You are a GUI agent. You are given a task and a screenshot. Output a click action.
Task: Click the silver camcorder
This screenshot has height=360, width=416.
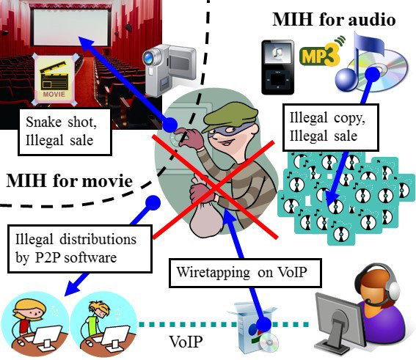click(169, 70)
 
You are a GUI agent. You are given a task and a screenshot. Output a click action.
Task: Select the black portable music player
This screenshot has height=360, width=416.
click(278, 67)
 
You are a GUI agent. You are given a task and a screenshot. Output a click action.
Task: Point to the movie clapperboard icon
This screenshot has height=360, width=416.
click(54, 79)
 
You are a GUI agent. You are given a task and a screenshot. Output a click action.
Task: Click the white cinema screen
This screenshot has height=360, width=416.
click(70, 26)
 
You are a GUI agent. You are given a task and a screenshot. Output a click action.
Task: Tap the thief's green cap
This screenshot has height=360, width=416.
click(230, 116)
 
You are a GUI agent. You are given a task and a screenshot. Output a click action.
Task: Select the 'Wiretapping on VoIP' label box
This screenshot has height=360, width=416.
click(245, 273)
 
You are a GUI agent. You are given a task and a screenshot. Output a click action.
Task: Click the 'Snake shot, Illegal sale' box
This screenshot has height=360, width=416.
click(65, 132)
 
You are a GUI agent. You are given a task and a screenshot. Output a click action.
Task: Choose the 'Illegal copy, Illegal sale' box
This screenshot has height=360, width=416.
click(331, 128)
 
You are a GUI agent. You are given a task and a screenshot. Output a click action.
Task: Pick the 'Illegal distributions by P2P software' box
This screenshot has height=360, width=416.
click(80, 249)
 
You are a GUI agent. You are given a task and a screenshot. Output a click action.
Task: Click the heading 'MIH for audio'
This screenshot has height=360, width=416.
click(335, 20)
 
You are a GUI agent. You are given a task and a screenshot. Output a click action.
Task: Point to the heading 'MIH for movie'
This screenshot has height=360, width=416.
click(70, 181)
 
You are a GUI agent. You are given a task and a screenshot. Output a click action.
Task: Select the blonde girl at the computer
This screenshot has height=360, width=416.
click(34, 324)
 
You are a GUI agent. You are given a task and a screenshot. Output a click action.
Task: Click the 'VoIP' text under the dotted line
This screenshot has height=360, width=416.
click(186, 342)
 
